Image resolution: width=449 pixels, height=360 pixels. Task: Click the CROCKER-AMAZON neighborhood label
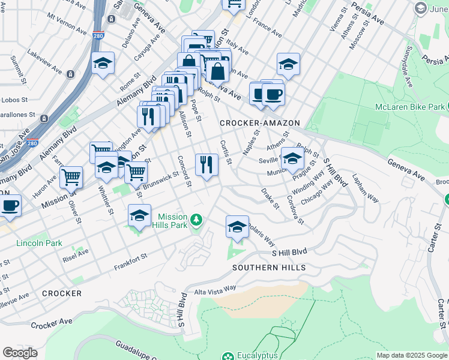click(x=259, y=123)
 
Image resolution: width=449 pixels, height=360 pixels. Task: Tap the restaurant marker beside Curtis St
click(x=206, y=164)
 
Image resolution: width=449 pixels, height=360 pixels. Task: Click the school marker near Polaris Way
click(x=237, y=227)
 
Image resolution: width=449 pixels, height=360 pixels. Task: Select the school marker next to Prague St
click(x=292, y=158)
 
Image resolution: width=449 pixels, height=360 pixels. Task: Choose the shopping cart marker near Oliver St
click(x=71, y=178)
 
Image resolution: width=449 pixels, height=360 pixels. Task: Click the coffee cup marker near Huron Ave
click(x=10, y=205)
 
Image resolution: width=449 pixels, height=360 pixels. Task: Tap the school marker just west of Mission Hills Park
click(x=139, y=215)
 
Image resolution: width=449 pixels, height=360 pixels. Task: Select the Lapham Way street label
click(x=366, y=188)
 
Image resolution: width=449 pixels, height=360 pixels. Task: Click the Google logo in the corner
click(x=20, y=352)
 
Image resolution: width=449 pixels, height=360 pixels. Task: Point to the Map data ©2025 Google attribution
click(x=411, y=355)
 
